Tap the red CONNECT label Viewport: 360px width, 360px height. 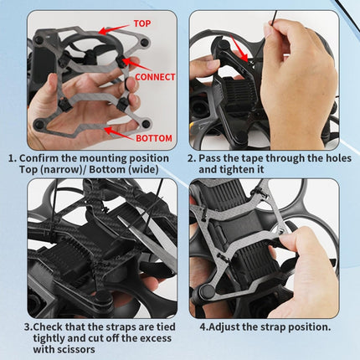pos(155,76)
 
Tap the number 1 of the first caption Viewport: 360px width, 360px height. pos(10,157)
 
